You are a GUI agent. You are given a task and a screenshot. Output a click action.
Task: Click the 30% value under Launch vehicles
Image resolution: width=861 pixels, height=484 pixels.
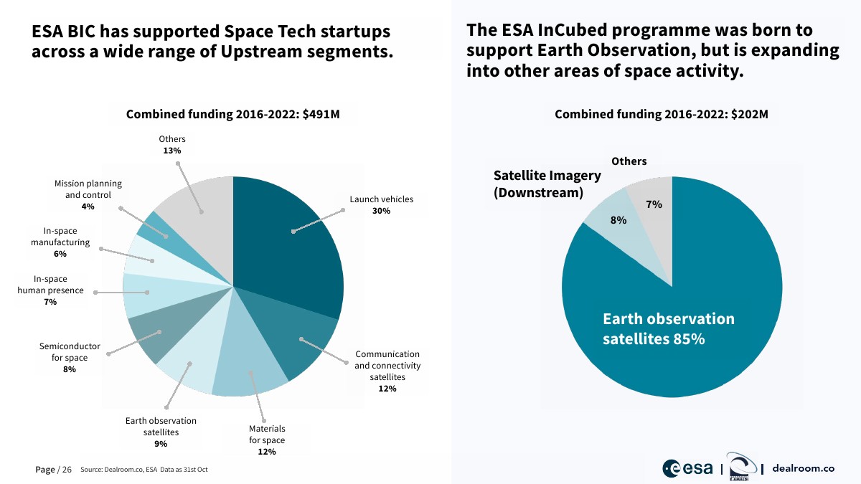tap(381, 211)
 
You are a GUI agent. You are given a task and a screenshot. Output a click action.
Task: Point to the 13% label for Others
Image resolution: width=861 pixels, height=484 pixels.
tap(171, 151)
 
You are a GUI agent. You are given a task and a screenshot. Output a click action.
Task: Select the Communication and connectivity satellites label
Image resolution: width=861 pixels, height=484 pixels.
tap(387, 366)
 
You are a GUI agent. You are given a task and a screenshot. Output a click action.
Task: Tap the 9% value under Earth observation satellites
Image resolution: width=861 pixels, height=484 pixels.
tap(160, 444)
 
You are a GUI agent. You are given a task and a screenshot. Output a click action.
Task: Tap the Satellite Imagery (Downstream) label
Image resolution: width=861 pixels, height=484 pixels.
tap(538, 184)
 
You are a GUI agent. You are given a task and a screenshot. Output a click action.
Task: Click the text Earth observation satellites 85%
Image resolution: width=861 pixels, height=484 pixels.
tap(668, 328)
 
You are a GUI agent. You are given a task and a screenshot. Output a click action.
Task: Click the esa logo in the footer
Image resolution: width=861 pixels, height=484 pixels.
tap(687, 468)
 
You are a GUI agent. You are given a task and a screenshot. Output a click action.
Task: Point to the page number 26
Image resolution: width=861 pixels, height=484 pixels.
tap(67, 470)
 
